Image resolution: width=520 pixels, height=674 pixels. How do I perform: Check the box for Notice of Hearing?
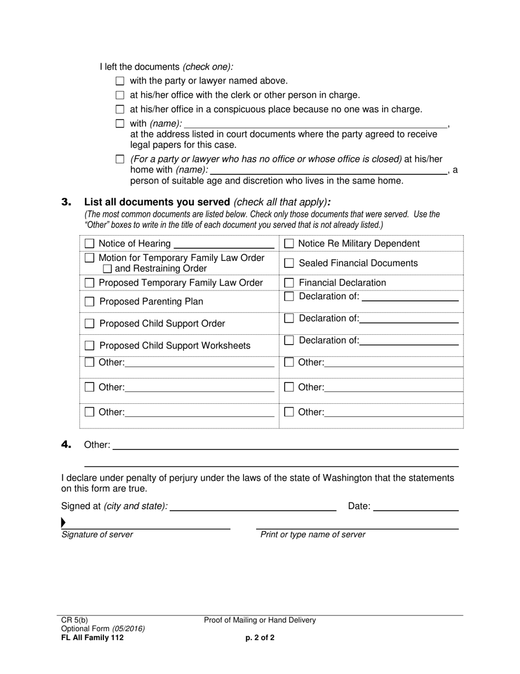[x=90, y=243]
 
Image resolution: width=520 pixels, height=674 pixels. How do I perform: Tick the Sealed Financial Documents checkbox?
[x=289, y=263]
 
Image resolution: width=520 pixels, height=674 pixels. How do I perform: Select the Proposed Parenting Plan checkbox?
[x=90, y=301]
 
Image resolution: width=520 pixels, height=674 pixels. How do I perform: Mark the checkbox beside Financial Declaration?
[x=289, y=283]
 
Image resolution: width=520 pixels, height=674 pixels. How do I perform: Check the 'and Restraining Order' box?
[x=107, y=269]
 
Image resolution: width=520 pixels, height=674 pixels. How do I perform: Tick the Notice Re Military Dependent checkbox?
[x=289, y=243]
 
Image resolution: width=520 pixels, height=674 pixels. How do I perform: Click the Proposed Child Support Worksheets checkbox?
[x=90, y=346]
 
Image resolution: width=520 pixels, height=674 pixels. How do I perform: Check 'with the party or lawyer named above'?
[x=120, y=81]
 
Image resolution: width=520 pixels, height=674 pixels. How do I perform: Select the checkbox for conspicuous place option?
[x=120, y=110]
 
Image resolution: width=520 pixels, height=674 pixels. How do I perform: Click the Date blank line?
[x=415, y=507]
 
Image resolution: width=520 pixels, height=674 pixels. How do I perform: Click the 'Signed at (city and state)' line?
[x=253, y=507]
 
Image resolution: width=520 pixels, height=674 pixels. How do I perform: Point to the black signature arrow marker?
[x=63, y=522]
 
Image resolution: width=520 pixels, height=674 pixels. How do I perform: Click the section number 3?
[x=66, y=202]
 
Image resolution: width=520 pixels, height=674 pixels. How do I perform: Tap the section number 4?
[x=66, y=445]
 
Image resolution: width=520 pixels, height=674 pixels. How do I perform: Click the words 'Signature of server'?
[x=97, y=535]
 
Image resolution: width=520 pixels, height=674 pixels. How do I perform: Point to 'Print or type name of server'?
[x=313, y=535]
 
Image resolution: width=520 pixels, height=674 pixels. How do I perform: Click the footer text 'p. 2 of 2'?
[x=260, y=638]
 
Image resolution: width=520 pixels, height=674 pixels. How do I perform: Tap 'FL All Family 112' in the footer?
[x=93, y=638]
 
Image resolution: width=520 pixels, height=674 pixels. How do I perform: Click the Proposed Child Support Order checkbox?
[x=90, y=324]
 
